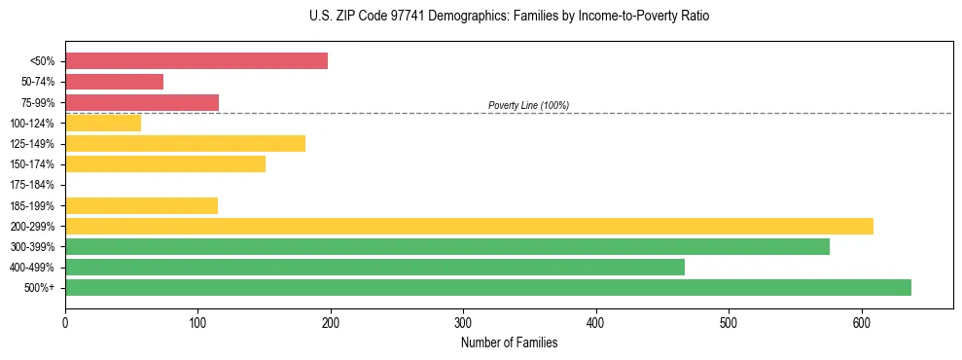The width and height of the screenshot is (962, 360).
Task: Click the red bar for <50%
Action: (196, 61)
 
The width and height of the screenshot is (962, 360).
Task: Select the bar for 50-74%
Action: (114, 82)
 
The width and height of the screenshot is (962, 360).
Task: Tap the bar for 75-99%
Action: (142, 102)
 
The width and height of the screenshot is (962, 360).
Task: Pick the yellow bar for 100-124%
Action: (103, 123)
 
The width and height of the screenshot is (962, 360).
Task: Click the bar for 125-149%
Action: (185, 144)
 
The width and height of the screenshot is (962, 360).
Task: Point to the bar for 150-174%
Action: (165, 164)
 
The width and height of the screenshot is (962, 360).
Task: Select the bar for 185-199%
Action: (141, 205)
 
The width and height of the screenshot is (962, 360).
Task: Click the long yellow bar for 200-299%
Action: (469, 226)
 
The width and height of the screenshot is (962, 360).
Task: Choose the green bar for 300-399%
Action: (447, 247)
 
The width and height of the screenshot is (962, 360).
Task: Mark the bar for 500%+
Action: (488, 288)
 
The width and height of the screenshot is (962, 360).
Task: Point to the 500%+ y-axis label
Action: (39, 288)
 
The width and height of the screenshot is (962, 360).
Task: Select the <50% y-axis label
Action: (42, 61)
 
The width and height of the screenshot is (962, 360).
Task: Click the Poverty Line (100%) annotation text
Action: (528, 105)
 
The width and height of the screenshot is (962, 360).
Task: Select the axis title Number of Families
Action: (509, 342)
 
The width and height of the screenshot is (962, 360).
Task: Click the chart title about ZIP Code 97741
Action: (509, 17)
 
